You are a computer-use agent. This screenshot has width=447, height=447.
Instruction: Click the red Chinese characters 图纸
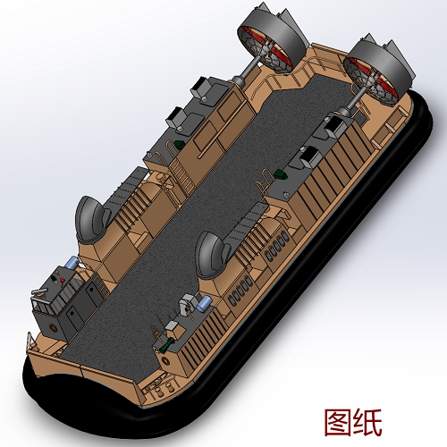coord(351,419)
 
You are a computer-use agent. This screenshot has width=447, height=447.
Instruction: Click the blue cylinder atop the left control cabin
coord(70,265)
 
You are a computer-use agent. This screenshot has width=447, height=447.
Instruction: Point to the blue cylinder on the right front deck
coord(205,304)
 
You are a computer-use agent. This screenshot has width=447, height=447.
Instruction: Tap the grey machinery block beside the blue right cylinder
coord(189,305)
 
